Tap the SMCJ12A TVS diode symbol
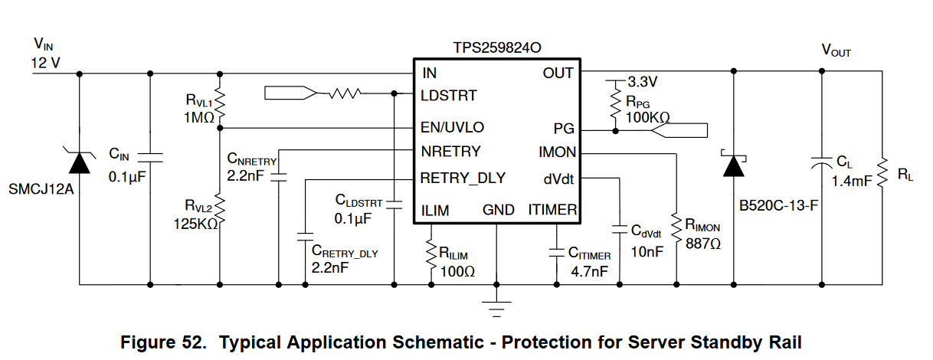point(80,162)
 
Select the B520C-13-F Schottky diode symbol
point(735,165)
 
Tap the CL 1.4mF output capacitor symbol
point(821,163)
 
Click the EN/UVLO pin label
point(452,127)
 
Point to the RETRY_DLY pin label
point(463,178)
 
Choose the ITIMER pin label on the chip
point(552,210)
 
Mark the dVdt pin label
point(558,178)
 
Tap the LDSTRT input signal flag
point(289,94)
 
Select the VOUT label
point(836,51)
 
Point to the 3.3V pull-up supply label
point(642,80)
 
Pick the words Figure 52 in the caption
point(163,342)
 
